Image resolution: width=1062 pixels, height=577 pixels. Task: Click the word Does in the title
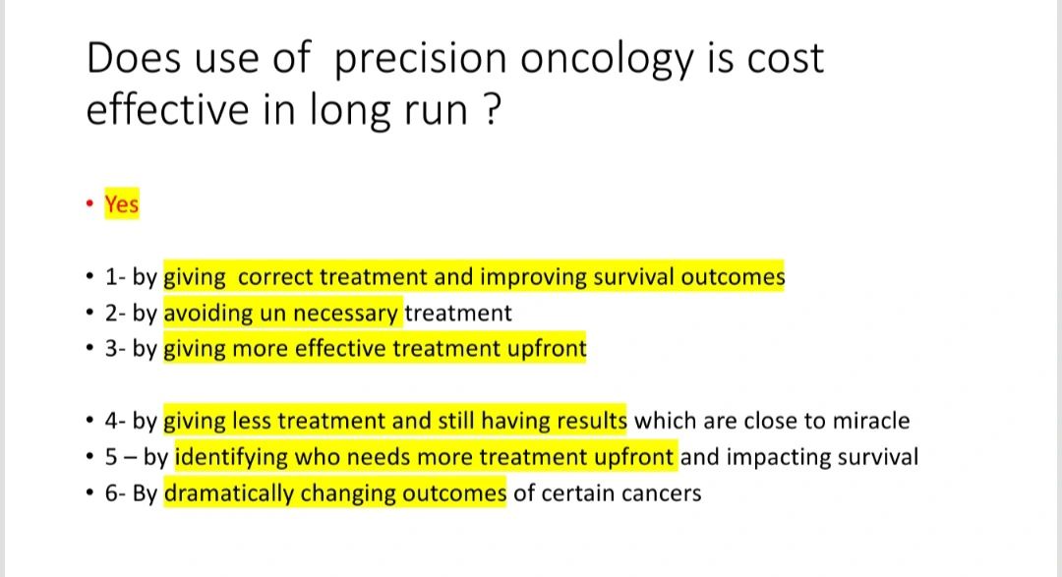(x=134, y=58)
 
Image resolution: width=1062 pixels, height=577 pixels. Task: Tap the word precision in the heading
(x=420, y=61)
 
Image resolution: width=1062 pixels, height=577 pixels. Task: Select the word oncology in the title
(x=607, y=61)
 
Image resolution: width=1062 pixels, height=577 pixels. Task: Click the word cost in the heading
(x=785, y=59)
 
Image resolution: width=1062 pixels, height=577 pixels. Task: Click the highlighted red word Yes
(x=122, y=203)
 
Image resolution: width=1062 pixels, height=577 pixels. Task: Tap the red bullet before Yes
(x=90, y=203)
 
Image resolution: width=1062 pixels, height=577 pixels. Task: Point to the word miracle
(x=871, y=421)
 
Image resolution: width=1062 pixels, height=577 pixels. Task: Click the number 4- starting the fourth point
(x=115, y=422)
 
